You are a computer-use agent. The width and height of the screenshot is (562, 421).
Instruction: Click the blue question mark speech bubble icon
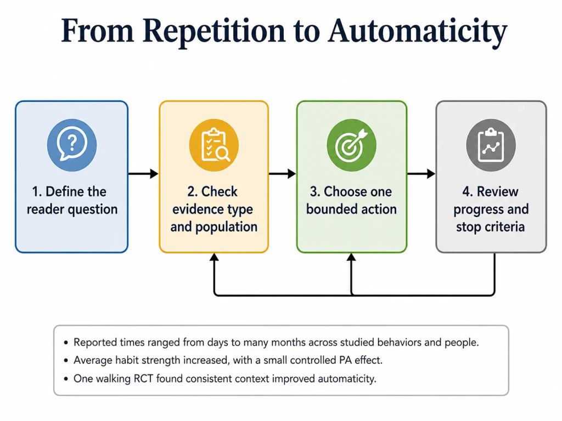[x=72, y=145]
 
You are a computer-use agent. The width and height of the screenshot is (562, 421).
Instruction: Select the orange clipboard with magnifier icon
[x=214, y=145]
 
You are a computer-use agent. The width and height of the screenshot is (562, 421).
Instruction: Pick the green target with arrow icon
[x=352, y=145]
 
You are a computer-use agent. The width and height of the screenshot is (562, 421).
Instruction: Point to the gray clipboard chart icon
[x=491, y=145]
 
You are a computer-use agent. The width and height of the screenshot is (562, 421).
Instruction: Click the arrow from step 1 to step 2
[x=143, y=174]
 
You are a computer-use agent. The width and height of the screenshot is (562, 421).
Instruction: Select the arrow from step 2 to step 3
[x=283, y=174]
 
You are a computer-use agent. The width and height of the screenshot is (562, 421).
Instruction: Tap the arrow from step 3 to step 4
[x=421, y=174]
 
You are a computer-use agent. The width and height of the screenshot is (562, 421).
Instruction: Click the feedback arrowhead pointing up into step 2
[x=215, y=257]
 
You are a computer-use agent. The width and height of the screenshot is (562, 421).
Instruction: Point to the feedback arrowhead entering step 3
[x=352, y=257]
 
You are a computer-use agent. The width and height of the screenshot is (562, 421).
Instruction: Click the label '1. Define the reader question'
[x=72, y=200]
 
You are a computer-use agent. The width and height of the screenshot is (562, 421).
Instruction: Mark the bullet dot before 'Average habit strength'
[x=66, y=361]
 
